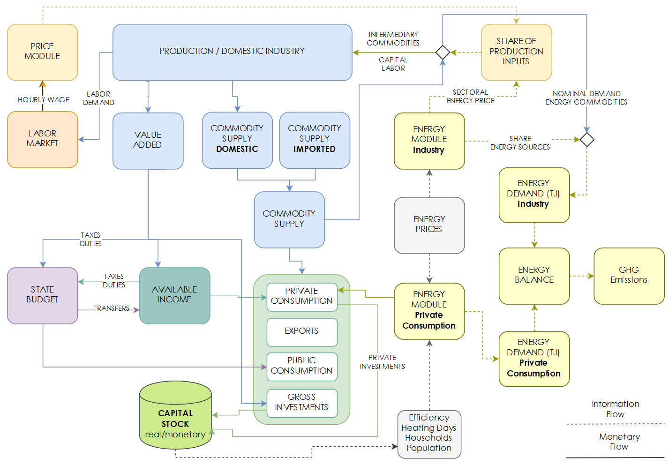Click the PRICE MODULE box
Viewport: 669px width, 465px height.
point(42,52)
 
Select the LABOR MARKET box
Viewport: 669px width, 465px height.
point(42,139)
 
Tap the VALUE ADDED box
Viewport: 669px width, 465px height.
point(148,141)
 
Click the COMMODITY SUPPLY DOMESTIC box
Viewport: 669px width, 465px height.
point(237,140)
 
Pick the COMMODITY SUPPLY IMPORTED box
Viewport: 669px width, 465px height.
point(315,140)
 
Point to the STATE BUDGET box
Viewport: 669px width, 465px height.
point(42,295)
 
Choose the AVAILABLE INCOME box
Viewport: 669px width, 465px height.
point(174,295)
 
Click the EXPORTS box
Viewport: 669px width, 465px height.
point(301,331)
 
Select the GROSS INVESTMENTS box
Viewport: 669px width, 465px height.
point(301,403)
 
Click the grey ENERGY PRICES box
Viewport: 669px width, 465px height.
point(429,225)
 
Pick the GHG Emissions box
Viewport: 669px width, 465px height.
point(629,276)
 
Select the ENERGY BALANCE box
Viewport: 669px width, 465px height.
point(534,276)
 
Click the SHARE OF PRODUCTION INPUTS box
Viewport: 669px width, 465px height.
point(516,52)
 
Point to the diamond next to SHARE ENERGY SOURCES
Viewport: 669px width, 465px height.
point(586,140)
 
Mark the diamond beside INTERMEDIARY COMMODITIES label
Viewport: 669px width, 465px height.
point(443,52)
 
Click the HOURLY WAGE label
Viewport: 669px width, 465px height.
point(44,100)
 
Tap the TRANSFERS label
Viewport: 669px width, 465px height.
point(111,308)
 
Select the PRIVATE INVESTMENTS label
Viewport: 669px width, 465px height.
point(382,362)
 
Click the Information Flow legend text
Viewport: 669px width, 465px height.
point(615,409)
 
